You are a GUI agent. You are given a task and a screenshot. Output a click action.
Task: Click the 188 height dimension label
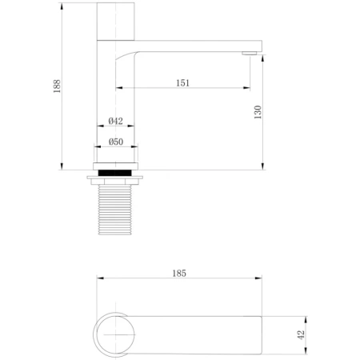point(57,86)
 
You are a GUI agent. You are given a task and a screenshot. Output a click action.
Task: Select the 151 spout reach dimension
point(182,83)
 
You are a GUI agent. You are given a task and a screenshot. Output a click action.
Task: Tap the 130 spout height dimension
point(258,112)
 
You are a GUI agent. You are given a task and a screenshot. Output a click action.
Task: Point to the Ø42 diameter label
point(116,121)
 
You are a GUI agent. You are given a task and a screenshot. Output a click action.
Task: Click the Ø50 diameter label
point(116,142)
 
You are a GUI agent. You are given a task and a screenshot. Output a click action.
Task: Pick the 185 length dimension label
point(179,274)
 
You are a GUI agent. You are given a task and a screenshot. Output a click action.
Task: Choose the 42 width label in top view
point(301,335)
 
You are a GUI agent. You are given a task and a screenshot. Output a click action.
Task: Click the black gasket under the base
point(115,173)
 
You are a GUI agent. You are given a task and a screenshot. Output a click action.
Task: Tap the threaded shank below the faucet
point(115,210)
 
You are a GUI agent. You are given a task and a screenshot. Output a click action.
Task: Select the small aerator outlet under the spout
point(250,54)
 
